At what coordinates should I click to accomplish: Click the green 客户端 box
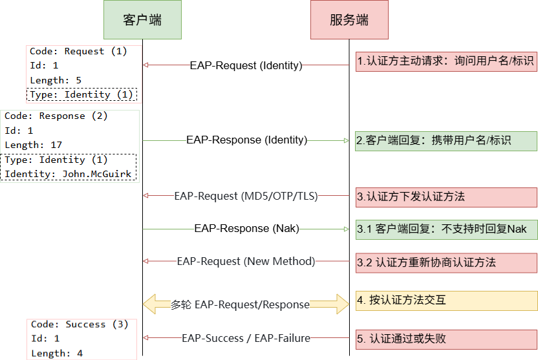(142, 20)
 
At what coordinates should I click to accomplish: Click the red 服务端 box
(349, 20)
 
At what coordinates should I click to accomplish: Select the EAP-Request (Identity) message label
(246, 65)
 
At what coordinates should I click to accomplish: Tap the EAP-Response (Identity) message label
(246, 140)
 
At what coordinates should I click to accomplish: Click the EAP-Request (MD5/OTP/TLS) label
(246, 196)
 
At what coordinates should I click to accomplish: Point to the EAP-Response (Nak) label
(246, 228)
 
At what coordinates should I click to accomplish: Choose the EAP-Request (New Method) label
(246, 262)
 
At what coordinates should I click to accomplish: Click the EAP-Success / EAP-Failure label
(246, 337)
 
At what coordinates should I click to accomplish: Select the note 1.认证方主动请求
(446, 61)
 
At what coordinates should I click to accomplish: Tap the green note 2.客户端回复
(446, 140)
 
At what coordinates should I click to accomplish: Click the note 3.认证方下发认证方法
(446, 196)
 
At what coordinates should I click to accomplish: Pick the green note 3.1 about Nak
(446, 229)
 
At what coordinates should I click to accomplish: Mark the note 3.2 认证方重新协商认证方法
(446, 262)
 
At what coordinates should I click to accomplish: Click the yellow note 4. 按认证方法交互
(446, 300)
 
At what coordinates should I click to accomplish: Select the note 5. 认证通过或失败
(446, 338)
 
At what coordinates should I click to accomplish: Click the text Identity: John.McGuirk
(68, 174)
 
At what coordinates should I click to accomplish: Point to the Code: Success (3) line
(80, 324)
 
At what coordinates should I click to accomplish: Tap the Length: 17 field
(34, 145)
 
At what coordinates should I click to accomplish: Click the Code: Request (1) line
(78, 51)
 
